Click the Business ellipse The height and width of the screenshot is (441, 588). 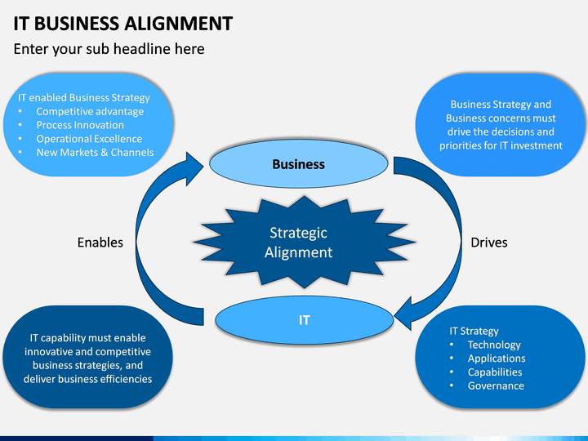(x=299, y=164)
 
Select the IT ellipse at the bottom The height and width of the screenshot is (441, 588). (x=304, y=320)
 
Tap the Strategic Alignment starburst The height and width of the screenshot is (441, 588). (x=304, y=243)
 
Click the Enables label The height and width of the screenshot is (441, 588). (x=100, y=243)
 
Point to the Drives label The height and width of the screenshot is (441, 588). (x=489, y=243)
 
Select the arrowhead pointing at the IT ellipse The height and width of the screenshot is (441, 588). (x=403, y=314)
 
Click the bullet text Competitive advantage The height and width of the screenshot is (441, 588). (x=90, y=111)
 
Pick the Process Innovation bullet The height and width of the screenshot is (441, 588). (x=80, y=125)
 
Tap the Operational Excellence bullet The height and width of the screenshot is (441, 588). (x=89, y=139)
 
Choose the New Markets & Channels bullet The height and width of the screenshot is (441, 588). (x=95, y=152)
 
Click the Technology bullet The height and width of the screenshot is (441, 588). (x=494, y=345)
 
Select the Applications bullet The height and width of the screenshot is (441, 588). (x=497, y=359)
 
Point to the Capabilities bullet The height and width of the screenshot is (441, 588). (x=495, y=372)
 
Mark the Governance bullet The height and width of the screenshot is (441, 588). (x=496, y=385)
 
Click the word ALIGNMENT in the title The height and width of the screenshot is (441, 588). (x=179, y=23)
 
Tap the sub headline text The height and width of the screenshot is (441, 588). (x=109, y=49)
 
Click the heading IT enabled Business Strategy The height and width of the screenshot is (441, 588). (x=84, y=97)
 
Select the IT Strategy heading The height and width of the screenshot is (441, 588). (x=474, y=331)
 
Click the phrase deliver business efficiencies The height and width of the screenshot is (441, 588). (x=87, y=379)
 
